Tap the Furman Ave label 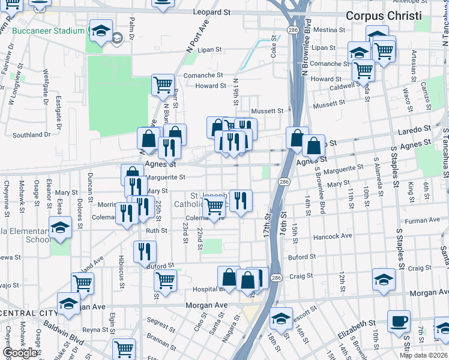point(419,221)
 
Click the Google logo point(20,353)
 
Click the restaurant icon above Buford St point(145,251)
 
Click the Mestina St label point(325,29)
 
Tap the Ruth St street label point(156,230)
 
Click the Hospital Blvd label point(208,289)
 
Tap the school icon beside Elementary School point(60,227)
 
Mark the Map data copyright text point(423,355)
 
